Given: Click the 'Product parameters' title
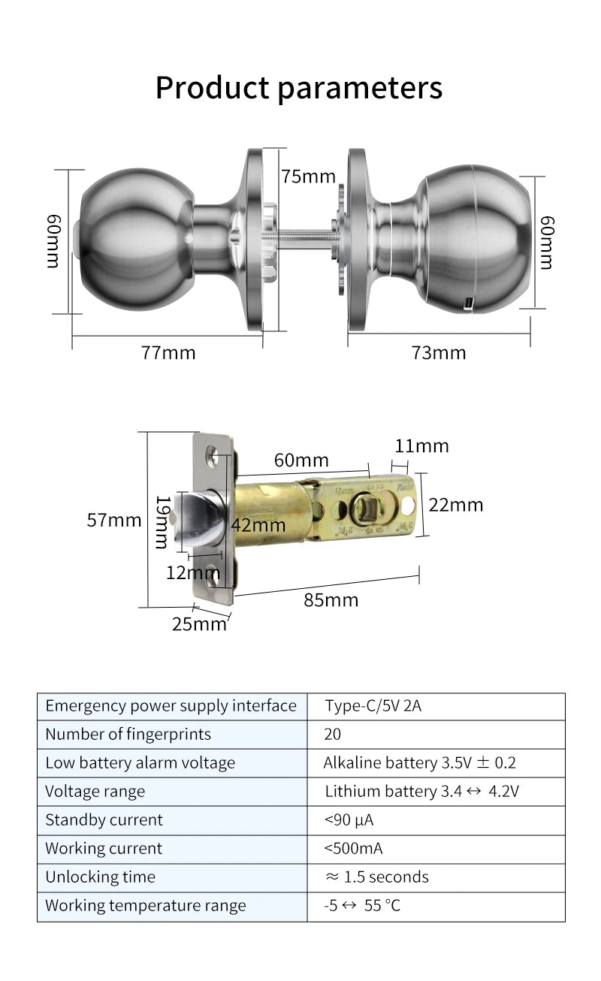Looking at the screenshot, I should click(x=298, y=88).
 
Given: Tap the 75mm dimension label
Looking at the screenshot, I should click(x=308, y=177).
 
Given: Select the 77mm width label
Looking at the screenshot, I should click(x=168, y=352).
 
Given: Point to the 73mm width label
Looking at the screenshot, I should click(x=439, y=352).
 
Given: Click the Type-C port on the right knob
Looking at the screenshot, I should click(x=470, y=303).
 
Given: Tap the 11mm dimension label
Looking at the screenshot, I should click(x=421, y=446).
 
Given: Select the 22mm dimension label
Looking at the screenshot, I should click(x=455, y=505).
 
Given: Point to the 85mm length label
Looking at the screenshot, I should click(x=331, y=600).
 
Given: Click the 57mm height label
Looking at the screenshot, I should click(x=114, y=520).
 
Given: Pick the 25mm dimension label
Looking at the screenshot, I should click(x=199, y=623).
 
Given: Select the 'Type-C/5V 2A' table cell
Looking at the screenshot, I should click(x=373, y=706).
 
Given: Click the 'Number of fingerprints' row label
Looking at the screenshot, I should click(x=128, y=735).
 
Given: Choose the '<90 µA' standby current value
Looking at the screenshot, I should click(x=349, y=820).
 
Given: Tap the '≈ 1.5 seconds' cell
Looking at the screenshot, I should click(x=377, y=877).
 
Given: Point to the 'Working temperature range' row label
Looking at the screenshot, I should click(x=146, y=906).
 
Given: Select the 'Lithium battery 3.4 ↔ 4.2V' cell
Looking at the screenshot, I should click(x=422, y=792).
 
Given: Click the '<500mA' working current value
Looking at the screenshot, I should click(x=353, y=849).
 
